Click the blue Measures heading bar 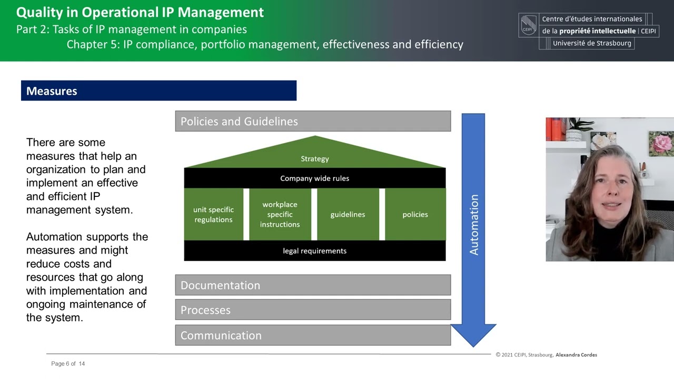(158, 91)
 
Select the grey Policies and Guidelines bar (313, 121)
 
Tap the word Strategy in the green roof (315, 158)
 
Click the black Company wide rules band (314, 178)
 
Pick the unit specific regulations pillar (213, 214)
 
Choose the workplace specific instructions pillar (280, 214)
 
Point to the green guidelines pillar (348, 214)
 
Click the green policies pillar (415, 214)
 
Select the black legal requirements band (314, 251)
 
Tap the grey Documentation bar (313, 285)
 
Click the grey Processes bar (313, 310)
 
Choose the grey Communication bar (313, 335)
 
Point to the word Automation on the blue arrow (474, 225)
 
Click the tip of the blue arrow (473, 345)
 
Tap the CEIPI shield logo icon (529, 25)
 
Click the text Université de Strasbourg (592, 43)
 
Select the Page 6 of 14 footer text (68, 364)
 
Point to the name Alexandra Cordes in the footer (576, 355)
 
